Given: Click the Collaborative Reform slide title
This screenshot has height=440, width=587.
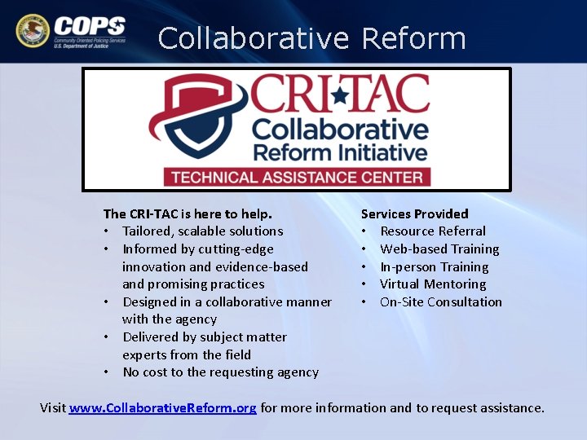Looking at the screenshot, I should tap(311, 38).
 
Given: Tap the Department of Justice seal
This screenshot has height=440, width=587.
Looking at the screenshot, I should tap(32, 31).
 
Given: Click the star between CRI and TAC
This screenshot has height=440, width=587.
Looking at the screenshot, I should tap(339, 95).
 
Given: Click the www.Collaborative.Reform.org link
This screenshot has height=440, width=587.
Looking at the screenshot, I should tap(163, 407).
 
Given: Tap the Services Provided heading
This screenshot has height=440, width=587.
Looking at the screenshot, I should tap(414, 213).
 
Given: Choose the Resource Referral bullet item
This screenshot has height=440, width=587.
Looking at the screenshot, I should tap(432, 231).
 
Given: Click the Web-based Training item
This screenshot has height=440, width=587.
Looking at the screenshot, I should tap(439, 249).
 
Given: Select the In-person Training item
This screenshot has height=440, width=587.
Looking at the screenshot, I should tap(434, 267).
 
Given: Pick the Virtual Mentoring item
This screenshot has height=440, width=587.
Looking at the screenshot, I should tap(432, 284).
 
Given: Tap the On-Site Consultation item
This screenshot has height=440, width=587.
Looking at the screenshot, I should tap(440, 302).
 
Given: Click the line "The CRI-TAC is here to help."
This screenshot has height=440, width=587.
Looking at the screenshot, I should tap(188, 213).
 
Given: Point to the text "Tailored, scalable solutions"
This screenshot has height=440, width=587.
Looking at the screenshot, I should tap(202, 231).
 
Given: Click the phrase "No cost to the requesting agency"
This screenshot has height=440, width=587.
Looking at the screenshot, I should tap(220, 372).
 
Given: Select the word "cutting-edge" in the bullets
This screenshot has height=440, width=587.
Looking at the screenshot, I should tap(236, 249).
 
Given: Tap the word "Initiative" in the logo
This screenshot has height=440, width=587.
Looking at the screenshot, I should tap(381, 152).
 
